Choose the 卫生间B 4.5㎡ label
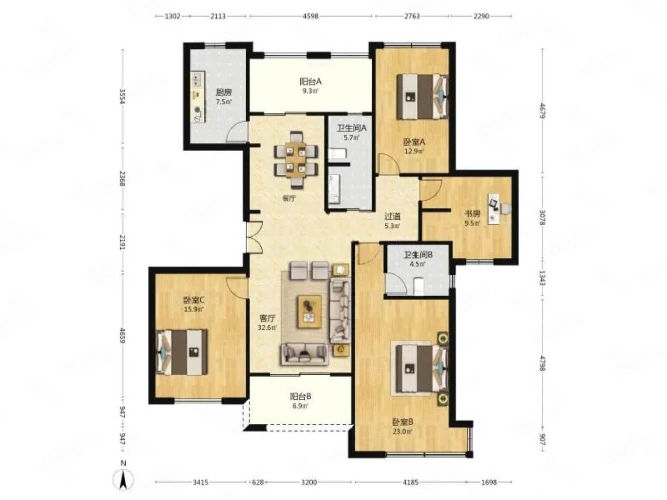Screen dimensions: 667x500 pos(417,258)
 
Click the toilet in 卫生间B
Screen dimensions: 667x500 pos(418,286)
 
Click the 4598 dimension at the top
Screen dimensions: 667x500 pos(310,16)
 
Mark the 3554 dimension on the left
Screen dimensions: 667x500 pos(122,96)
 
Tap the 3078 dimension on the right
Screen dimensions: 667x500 pos(542,218)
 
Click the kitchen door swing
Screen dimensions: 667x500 pos(236,131)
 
